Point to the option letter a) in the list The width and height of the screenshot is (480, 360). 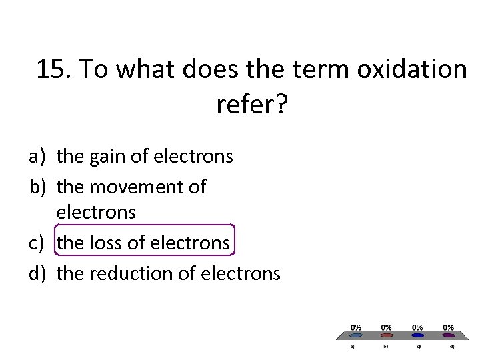point(37,157)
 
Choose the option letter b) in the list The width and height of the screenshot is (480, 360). point(37,187)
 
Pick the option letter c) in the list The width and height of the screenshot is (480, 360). point(37,243)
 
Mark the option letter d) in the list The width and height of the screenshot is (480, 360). point(37,273)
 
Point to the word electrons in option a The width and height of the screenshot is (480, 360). point(193,157)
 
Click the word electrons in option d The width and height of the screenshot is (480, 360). point(241,273)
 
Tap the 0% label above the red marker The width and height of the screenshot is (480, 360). point(386,327)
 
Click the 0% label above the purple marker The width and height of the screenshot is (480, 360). point(449,327)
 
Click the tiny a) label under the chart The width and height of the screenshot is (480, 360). point(354,346)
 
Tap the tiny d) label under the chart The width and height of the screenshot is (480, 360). point(452,346)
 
